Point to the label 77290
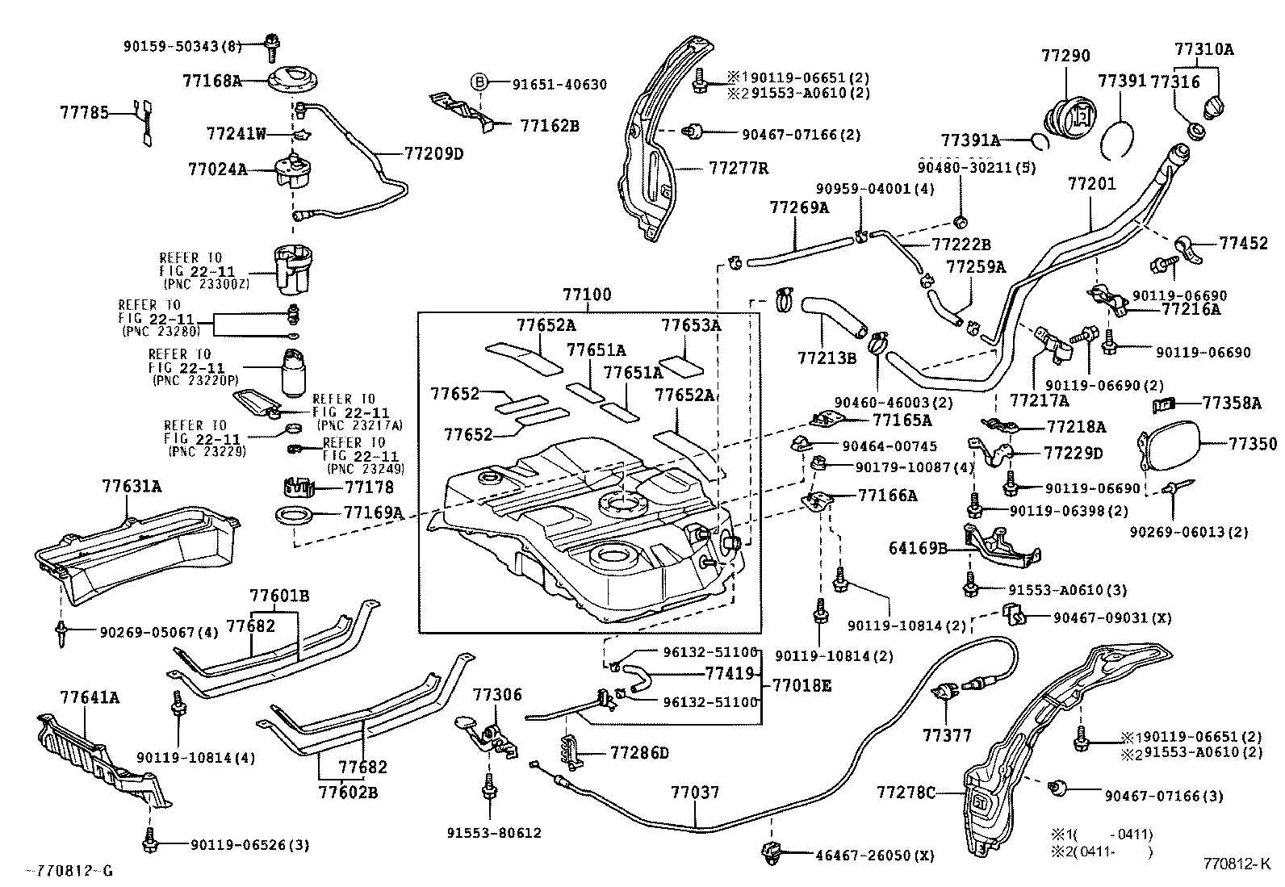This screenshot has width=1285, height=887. (1065, 56)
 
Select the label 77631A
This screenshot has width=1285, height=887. (132, 486)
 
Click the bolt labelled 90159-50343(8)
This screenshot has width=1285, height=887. (271, 46)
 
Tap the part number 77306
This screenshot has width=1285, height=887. (497, 694)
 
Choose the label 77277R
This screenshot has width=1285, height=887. (739, 168)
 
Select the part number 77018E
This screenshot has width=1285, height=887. (802, 686)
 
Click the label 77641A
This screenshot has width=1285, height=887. (90, 697)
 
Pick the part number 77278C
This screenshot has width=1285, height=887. (906, 793)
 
